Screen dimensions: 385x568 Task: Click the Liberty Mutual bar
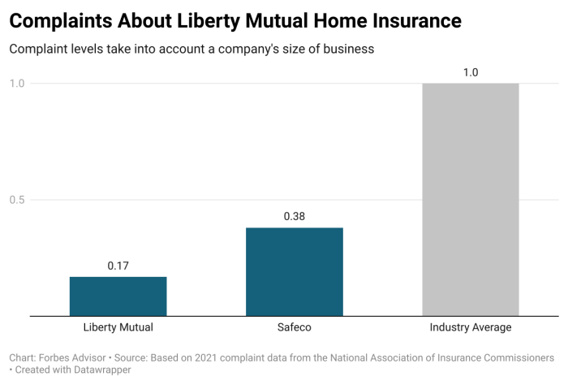(118, 296)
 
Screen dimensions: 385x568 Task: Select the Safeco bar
(294, 271)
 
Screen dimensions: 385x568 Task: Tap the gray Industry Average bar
(470, 199)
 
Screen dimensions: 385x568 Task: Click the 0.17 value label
(118, 266)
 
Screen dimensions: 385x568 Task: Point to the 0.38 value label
(294, 217)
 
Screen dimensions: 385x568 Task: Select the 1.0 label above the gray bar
(470, 72)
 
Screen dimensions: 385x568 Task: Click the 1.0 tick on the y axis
(17, 83)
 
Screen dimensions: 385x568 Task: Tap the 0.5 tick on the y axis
(17, 200)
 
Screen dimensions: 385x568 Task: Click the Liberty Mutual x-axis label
(118, 327)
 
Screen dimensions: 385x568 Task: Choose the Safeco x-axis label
(294, 327)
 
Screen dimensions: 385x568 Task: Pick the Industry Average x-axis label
(470, 327)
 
